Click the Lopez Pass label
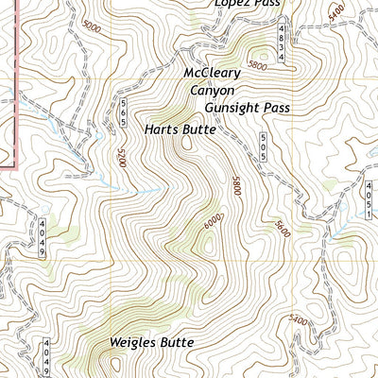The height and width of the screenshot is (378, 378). (x=247, y=4)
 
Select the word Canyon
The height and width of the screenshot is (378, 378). (x=212, y=91)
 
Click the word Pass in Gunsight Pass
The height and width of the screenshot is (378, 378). (x=274, y=108)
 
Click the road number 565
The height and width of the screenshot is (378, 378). (x=123, y=113)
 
